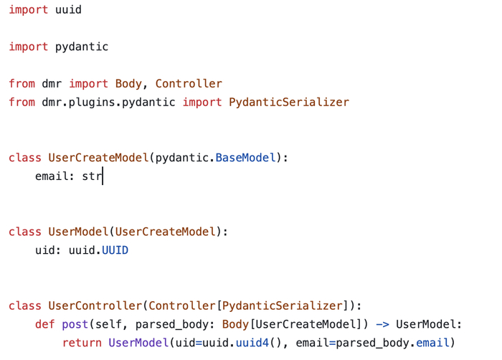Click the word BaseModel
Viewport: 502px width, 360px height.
pyautogui.click(x=245, y=158)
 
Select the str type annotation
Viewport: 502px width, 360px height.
pyautogui.click(x=92, y=176)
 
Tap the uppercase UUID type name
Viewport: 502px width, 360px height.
pyautogui.click(x=115, y=250)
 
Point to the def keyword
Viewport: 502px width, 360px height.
pyautogui.click(x=45, y=324)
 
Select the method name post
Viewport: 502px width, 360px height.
pyautogui.click(x=75, y=324)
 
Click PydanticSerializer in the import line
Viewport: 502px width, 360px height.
pyautogui.click(x=288, y=102)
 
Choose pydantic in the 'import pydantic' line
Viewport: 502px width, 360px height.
pyautogui.click(x=82, y=47)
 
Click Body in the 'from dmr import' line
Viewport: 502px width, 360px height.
pyautogui.click(x=128, y=83)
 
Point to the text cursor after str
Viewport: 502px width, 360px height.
pyautogui.click(x=103, y=176)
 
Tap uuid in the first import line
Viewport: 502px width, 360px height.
pyautogui.click(x=68, y=10)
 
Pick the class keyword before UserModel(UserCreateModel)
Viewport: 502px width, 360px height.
pyautogui.click(x=25, y=232)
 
